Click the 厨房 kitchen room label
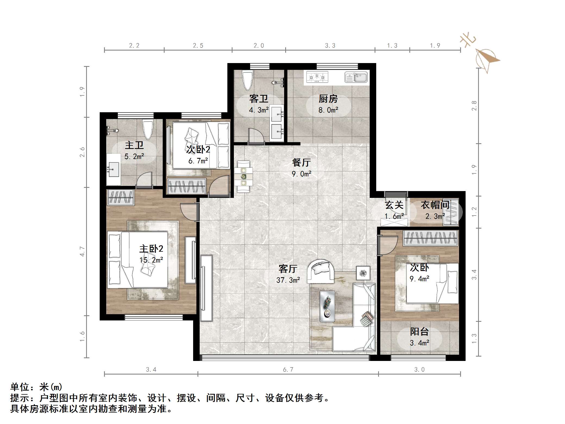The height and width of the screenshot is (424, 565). tap(328, 99)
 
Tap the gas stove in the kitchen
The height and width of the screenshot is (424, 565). tap(317, 77)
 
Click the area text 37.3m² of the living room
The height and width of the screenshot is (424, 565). tap(288, 280)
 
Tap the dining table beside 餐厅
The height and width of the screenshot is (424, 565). tap(244, 177)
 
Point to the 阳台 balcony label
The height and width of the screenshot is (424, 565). tap(419, 332)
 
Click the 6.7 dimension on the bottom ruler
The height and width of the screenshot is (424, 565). tap(288, 370)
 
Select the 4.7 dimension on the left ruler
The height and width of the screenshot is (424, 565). tap(82, 251)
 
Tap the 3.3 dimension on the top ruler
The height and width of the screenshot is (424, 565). tap(330, 46)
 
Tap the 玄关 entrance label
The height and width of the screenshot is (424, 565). tap(394, 205)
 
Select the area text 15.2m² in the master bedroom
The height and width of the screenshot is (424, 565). tap(151, 260)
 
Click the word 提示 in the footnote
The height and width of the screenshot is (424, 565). tap(20, 398)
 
